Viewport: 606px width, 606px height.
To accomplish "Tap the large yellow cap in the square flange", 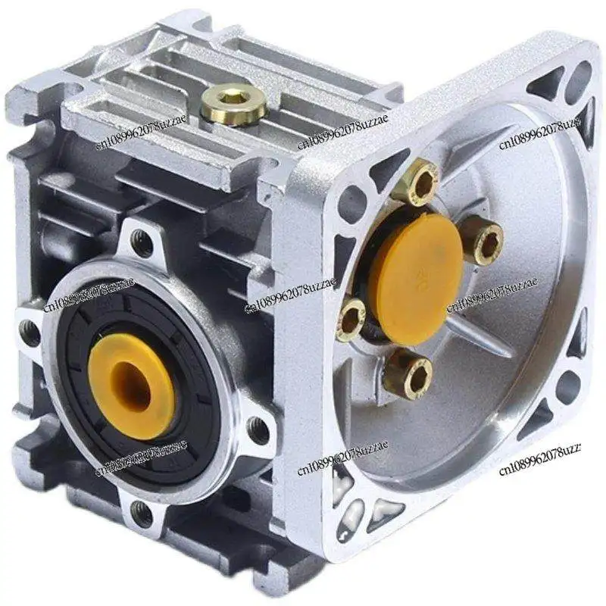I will click(416, 268).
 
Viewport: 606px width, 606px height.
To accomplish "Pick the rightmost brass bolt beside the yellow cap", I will click(483, 241).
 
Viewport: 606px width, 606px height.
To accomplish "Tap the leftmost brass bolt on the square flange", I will click(351, 317).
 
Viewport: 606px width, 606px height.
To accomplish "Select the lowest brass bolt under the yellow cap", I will click(408, 373).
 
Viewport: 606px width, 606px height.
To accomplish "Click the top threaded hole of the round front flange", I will click(142, 242).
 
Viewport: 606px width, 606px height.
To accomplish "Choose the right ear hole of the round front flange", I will click(258, 430).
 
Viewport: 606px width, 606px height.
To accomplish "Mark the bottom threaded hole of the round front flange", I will click(141, 514).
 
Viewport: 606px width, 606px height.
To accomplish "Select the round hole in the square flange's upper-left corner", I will click(352, 202).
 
